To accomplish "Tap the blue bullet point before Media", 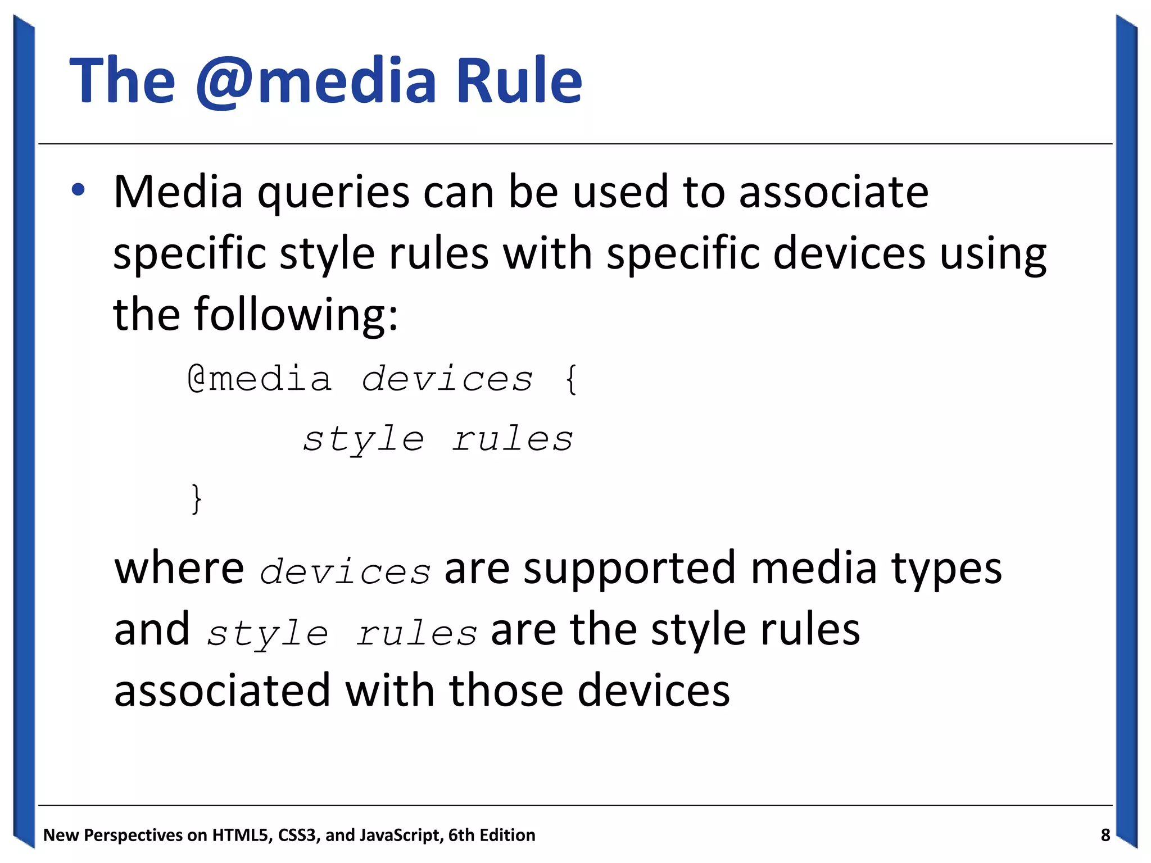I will pos(78,190).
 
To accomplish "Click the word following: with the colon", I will pos(296,315).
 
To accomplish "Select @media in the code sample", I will pos(259,379).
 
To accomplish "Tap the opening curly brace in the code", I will pos(571,379).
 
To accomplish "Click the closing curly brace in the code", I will pos(196,498).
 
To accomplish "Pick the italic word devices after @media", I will pos(447,379).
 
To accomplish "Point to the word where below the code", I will pos(179,568).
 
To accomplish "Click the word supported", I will pos(629,569).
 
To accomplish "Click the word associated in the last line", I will pos(222,690).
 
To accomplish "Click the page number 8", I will pos(1105,835).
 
